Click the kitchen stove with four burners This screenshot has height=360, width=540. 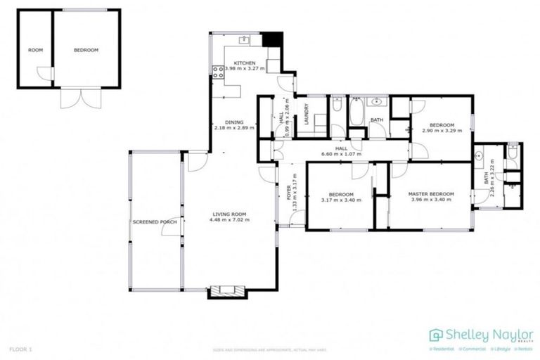coord(218,70)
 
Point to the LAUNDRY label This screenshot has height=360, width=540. coord(306,115)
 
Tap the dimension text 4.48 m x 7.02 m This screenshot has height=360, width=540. coord(229,220)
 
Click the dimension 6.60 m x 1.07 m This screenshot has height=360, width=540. coord(340,154)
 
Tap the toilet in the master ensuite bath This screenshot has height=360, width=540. coord(513,151)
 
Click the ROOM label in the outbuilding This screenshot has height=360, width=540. coord(35,50)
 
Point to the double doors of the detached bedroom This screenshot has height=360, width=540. coord(77,98)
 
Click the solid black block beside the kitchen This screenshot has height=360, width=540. coord(272,39)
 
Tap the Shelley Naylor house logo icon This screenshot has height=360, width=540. coord(436,335)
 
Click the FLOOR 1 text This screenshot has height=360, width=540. coord(20,349)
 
